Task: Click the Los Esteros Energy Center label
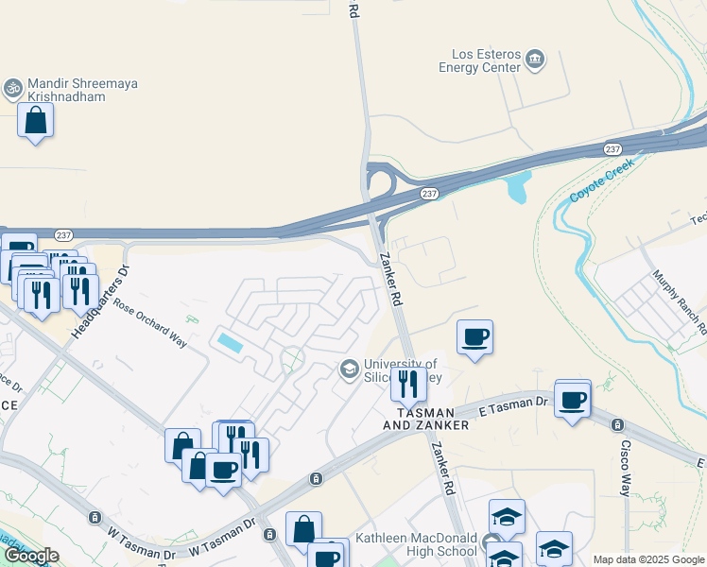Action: pos(479,60)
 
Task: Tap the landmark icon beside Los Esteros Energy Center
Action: pos(535,60)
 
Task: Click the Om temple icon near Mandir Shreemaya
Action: pos(12,88)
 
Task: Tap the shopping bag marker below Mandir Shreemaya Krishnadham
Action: pos(36,121)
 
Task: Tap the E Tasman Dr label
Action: pos(513,404)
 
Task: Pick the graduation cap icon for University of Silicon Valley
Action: pos(349,369)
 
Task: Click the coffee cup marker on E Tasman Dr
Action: pos(572,400)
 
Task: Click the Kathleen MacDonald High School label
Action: pos(416,544)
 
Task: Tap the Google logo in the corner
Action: pos(30,557)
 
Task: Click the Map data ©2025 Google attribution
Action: pos(648,559)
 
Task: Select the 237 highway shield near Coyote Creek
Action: pos(612,149)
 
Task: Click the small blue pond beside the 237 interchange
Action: pos(518,187)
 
